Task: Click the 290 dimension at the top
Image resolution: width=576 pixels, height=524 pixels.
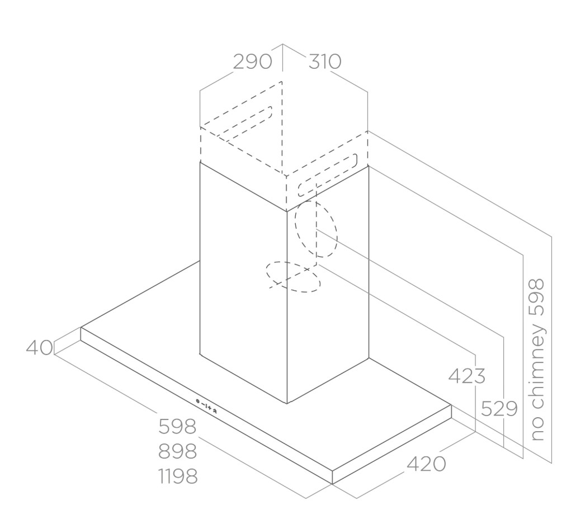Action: pos(253,62)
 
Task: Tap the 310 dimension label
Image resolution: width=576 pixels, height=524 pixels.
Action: pos(325,62)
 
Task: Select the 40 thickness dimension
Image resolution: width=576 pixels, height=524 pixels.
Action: pos(39,347)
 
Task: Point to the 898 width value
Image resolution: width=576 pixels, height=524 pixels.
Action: pos(178,451)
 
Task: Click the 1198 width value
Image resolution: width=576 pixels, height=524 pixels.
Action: pos(178,476)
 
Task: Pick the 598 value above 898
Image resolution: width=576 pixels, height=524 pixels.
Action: pos(178,427)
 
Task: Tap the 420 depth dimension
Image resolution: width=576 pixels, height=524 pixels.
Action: pos(426,464)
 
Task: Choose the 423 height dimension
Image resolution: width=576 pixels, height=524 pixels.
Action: pos(467,376)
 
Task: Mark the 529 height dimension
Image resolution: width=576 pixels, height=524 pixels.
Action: pos(499,408)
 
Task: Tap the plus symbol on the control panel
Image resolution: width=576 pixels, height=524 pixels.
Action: pos(209,408)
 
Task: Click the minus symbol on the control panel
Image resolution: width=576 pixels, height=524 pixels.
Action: pos(203,404)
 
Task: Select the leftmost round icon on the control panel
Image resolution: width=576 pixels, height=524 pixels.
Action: pos(198,401)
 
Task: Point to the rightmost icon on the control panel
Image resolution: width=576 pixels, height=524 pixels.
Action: pos(215,411)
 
